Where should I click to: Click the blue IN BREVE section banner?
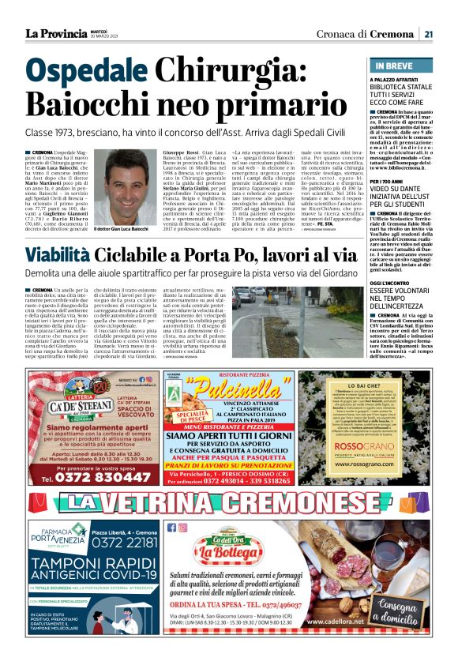(401, 66)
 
